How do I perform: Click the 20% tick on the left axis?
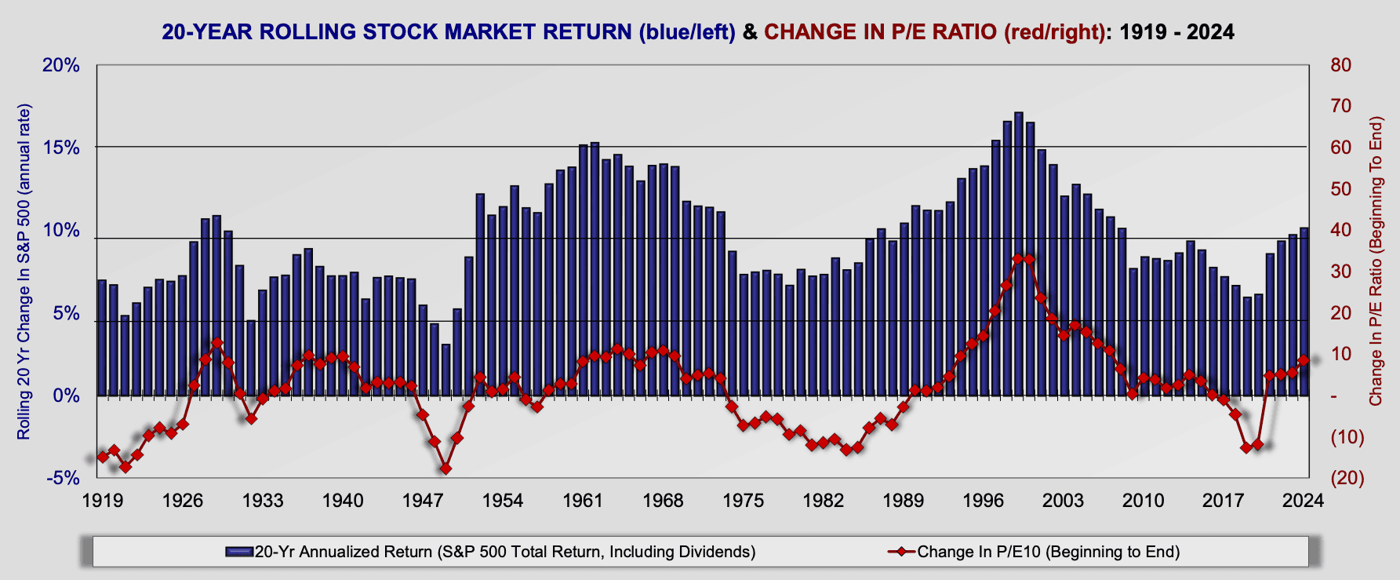61,65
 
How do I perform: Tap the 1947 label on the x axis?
423,500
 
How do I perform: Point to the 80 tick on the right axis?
1341,65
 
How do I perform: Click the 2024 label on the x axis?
1304,500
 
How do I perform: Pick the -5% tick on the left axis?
61,478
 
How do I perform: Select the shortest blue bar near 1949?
445,369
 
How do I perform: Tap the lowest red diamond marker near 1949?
445,469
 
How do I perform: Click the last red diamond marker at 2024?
1304,360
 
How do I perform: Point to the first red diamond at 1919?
102,457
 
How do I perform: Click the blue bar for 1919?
102,337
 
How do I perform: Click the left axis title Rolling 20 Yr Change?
24,271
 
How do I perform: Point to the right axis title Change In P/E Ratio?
1376,261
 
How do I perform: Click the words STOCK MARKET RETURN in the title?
445,32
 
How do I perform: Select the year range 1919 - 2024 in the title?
1176,32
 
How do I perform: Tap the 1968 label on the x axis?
663,500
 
